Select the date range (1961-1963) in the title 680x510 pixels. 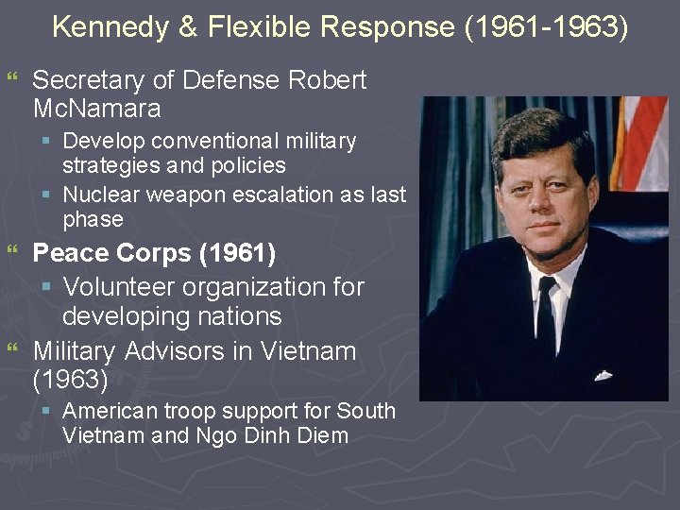[x=545, y=27]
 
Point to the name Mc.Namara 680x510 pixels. [x=96, y=108]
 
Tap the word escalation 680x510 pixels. [x=282, y=195]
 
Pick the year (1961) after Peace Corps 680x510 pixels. [x=244, y=253]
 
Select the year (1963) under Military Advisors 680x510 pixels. [x=70, y=380]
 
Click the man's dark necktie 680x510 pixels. [x=547, y=322]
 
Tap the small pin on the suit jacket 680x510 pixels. [x=603, y=375]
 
